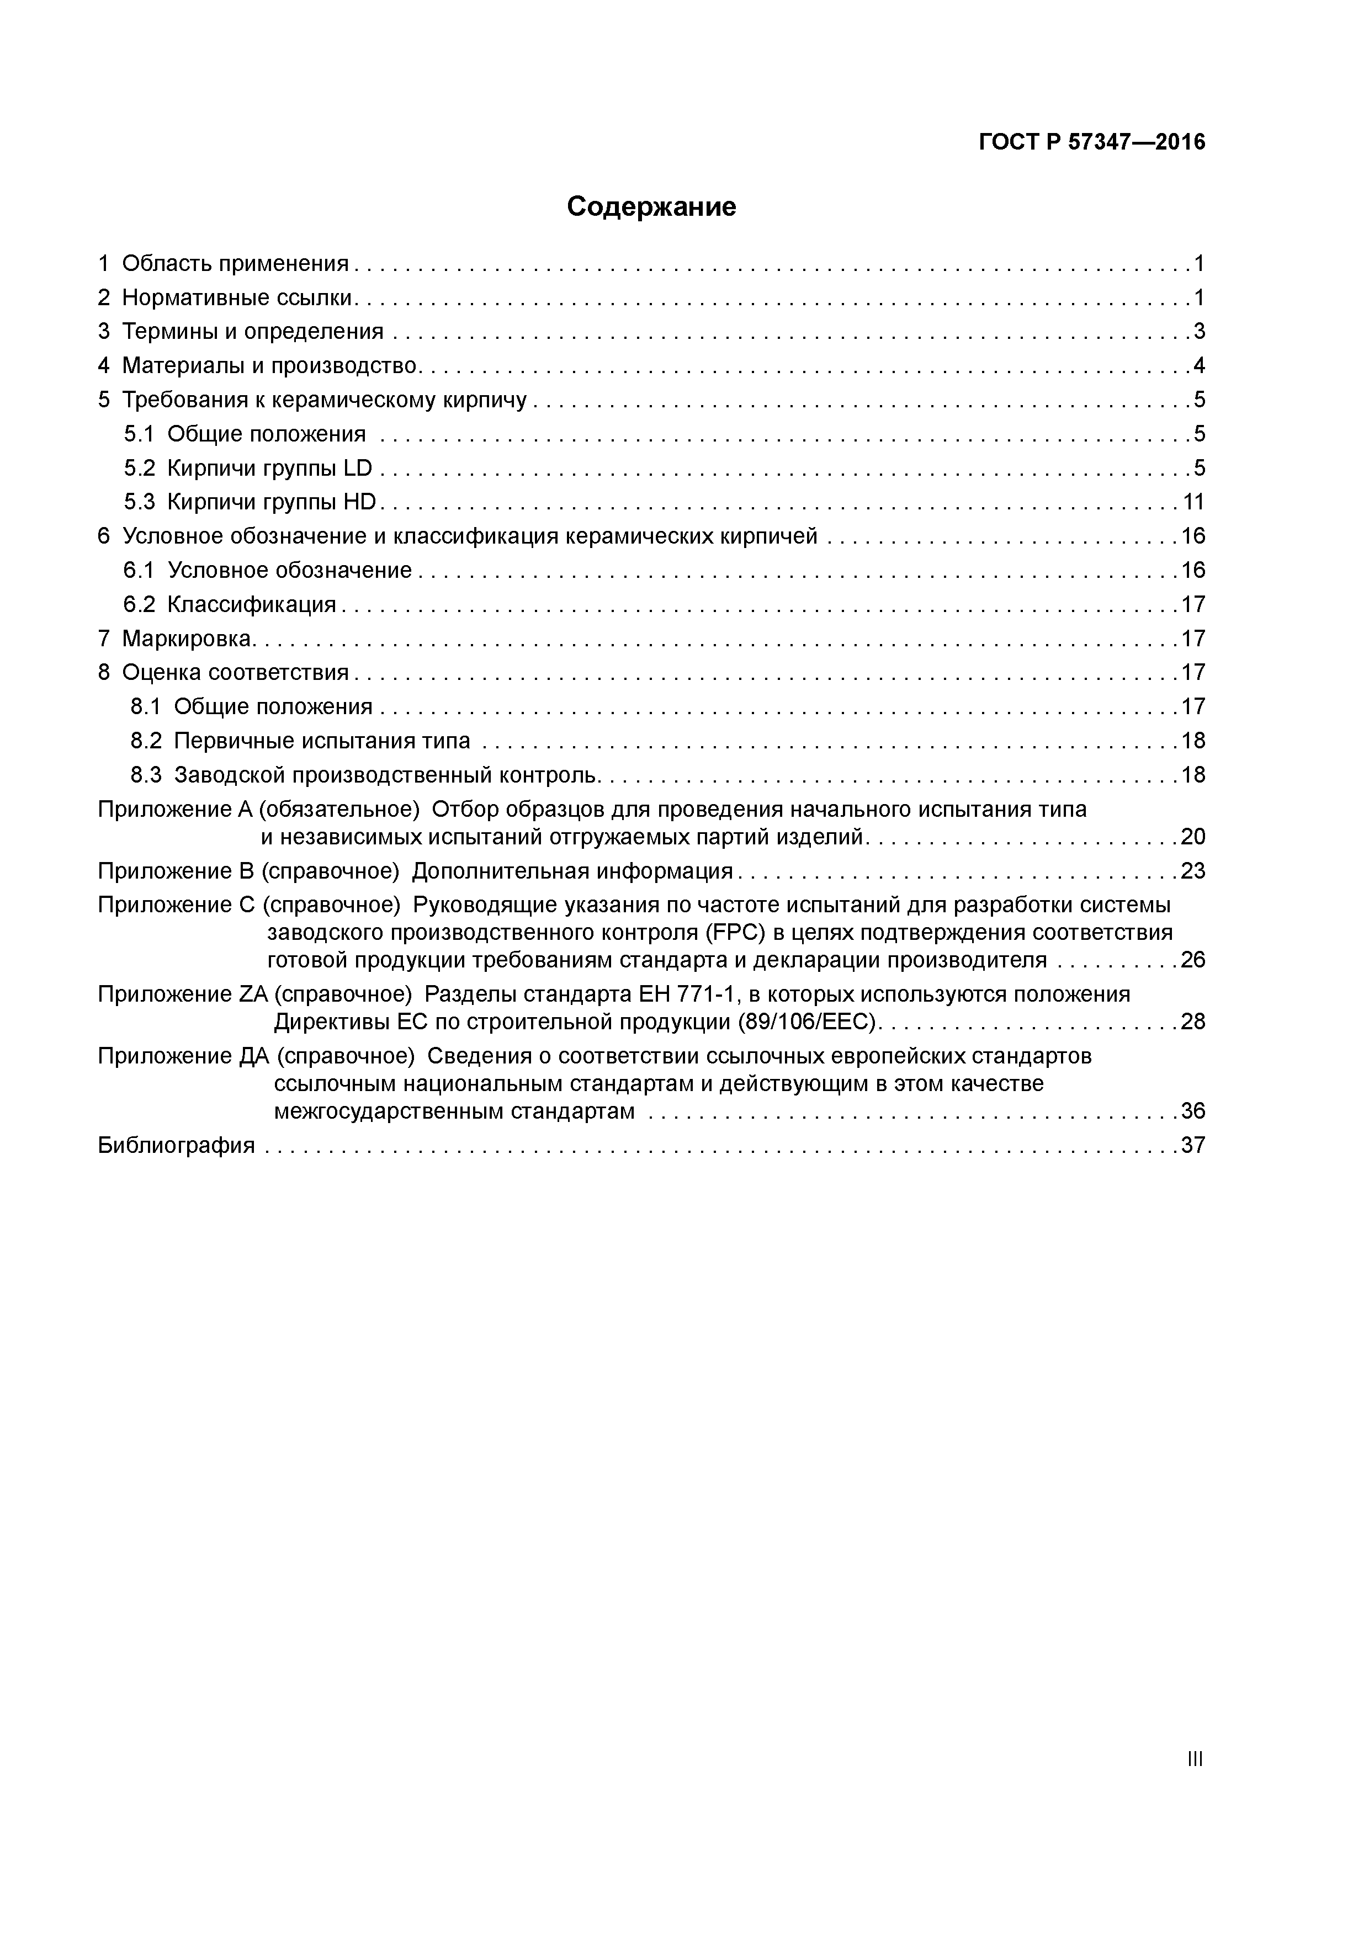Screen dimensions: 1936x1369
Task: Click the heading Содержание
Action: click(651, 206)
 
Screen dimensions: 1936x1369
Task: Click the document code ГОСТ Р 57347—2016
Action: click(1091, 142)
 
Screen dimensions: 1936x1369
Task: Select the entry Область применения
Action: click(235, 264)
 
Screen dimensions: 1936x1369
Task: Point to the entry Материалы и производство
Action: click(270, 366)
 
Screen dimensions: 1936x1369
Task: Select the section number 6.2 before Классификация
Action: click(139, 604)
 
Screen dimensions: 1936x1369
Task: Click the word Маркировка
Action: click(187, 639)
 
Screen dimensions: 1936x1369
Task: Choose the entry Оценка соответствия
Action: click(235, 673)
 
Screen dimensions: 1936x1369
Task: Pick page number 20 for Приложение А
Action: click(1193, 837)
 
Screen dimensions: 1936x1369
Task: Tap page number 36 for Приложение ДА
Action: click(1193, 1111)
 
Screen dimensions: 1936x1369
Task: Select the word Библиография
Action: click(176, 1145)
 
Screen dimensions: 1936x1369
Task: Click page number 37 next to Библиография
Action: click(1193, 1145)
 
